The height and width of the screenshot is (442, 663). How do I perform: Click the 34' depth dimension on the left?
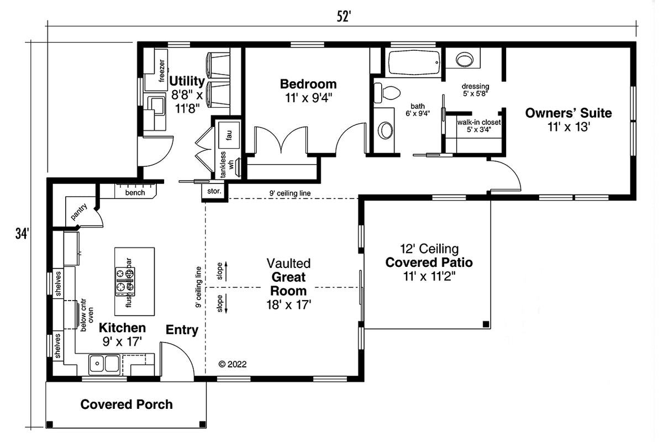(21, 234)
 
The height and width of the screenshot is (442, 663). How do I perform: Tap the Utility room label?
(187, 82)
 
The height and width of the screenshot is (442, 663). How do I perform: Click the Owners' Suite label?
(568, 113)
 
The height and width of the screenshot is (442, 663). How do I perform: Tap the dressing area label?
(475, 86)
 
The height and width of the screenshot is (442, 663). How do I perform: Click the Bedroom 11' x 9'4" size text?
(308, 98)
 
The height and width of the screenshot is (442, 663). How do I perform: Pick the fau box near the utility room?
(228, 133)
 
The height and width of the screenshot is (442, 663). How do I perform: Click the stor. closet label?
(214, 192)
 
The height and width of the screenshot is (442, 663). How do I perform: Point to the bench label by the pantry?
(135, 192)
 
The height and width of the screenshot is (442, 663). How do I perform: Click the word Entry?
(182, 330)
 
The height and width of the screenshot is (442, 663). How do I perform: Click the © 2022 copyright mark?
(233, 364)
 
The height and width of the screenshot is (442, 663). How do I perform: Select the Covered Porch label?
(127, 404)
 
